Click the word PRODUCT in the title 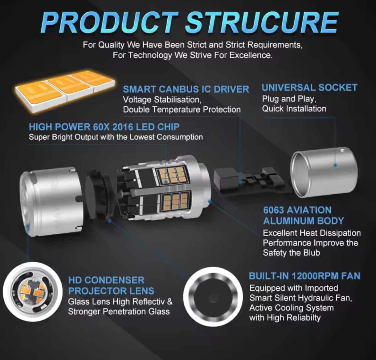109,23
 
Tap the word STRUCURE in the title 262,23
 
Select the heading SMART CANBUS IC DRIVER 186,89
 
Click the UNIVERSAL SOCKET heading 309,87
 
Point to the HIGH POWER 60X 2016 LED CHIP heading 104,127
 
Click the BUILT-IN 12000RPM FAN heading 304,276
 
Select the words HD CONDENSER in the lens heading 106,280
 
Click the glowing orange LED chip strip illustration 65,90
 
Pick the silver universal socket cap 324,172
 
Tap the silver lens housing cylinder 51,201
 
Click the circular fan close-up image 213,297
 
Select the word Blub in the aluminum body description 312,253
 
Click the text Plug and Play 289,99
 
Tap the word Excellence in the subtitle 251,55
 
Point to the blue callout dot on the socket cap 335,165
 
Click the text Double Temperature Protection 182,110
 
